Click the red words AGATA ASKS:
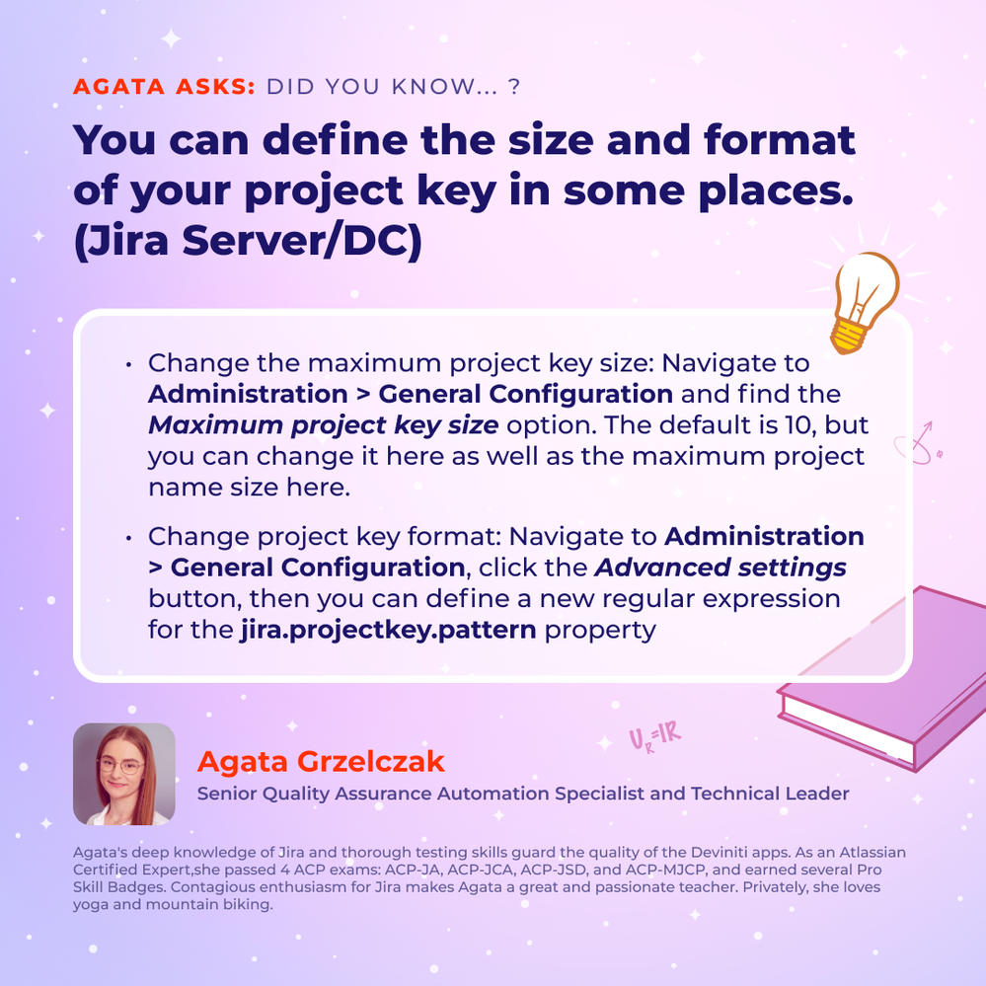click(x=164, y=86)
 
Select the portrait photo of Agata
click(x=124, y=774)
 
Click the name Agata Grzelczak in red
click(x=321, y=761)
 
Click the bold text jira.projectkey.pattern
click(x=388, y=630)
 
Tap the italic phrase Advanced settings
click(x=721, y=568)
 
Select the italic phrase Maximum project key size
click(x=323, y=425)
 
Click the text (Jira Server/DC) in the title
click(x=248, y=241)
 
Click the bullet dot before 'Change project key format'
click(x=128, y=538)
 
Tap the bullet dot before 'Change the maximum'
click(x=128, y=364)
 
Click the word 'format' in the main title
click(x=780, y=139)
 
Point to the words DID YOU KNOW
click(x=382, y=86)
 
